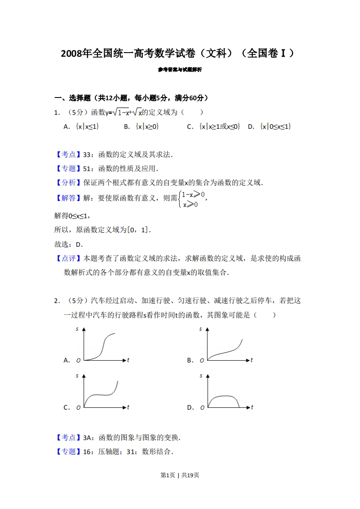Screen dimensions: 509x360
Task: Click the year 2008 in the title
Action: [x=71, y=54]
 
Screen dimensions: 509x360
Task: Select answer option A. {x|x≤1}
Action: [x=82, y=127]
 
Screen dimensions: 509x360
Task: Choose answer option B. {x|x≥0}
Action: [x=141, y=127]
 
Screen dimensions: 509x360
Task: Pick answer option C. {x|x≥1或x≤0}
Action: [x=213, y=127]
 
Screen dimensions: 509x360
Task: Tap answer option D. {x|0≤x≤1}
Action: [x=269, y=127]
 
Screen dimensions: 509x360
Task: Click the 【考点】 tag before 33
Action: [x=68, y=154]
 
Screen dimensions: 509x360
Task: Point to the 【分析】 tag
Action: [x=68, y=182]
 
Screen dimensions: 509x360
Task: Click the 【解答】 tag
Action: [x=68, y=197]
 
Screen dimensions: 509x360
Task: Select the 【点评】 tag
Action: [x=68, y=259]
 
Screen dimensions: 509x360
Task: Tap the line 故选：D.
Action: [x=69, y=245]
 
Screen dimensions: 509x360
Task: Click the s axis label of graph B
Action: [x=201, y=328]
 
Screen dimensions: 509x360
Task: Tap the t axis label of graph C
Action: [x=128, y=407]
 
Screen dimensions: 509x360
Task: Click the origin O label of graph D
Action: [x=202, y=408]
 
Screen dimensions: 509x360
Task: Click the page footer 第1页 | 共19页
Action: [x=180, y=475]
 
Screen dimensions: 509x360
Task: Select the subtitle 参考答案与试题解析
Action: [x=180, y=70]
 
